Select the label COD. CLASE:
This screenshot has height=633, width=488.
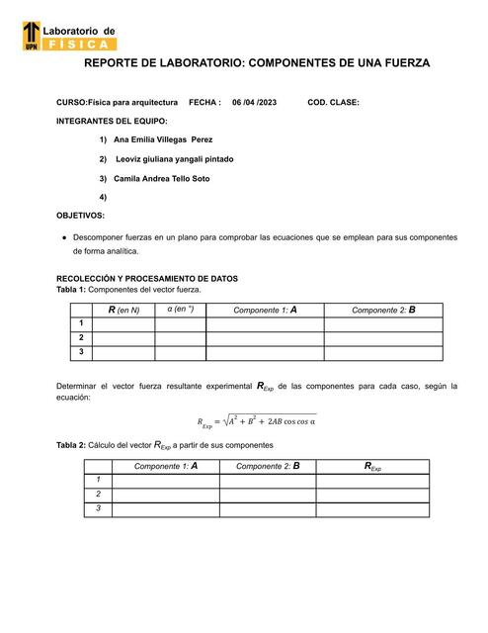pos(334,102)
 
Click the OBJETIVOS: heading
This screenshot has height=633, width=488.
pos(81,215)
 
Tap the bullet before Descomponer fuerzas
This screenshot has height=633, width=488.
pos(64,237)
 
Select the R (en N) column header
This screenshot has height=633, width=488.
pos(123,310)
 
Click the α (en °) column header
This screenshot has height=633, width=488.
pos(180,310)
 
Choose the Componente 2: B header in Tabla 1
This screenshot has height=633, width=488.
pos(383,310)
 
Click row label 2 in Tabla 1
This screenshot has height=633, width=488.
pos(79,337)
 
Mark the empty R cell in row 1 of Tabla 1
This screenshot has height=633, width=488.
pos(123,323)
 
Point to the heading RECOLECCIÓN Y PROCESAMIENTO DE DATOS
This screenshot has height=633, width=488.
pos(146,279)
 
